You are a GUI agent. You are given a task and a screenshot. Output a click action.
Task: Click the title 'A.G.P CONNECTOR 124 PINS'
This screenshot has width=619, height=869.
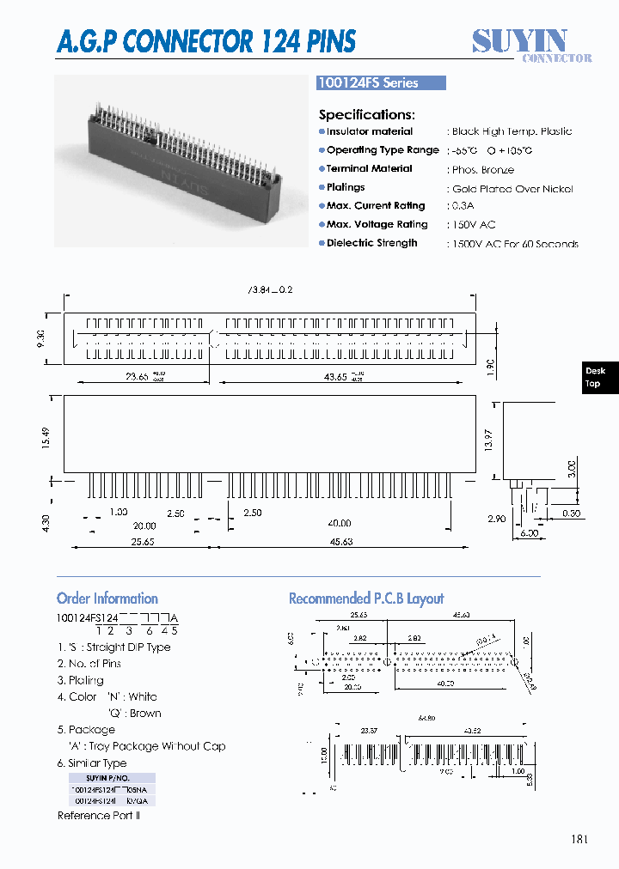pyautogui.click(x=206, y=40)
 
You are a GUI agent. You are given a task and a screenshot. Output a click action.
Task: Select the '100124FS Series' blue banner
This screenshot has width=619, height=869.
pyautogui.click(x=381, y=83)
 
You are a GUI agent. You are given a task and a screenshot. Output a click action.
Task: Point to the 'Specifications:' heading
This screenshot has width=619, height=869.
pyautogui.click(x=367, y=114)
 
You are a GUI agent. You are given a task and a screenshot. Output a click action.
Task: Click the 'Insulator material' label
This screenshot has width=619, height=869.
pyautogui.click(x=369, y=131)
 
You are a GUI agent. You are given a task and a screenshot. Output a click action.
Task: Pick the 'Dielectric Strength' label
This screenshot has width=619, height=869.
pyautogui.click(x=371, y=243)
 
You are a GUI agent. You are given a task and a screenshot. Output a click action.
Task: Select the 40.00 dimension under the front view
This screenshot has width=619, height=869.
pyautogui.click(x=339, y=524)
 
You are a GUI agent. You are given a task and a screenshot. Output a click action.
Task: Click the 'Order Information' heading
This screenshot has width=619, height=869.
pyautogui.click(x=107, y=599)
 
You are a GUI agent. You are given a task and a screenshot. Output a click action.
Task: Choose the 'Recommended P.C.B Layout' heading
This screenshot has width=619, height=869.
pyautogui.click(x=366, y=599)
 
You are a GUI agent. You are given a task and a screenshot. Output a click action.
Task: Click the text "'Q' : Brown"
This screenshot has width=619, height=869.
pyautogui.click(x=134, y=713)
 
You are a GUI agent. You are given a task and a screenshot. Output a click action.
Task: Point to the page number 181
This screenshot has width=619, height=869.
pyautogui.click(x=579, y=839)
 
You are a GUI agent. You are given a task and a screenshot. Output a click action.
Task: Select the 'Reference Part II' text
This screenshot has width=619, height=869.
pyautogui.click(x=99, y=815)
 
